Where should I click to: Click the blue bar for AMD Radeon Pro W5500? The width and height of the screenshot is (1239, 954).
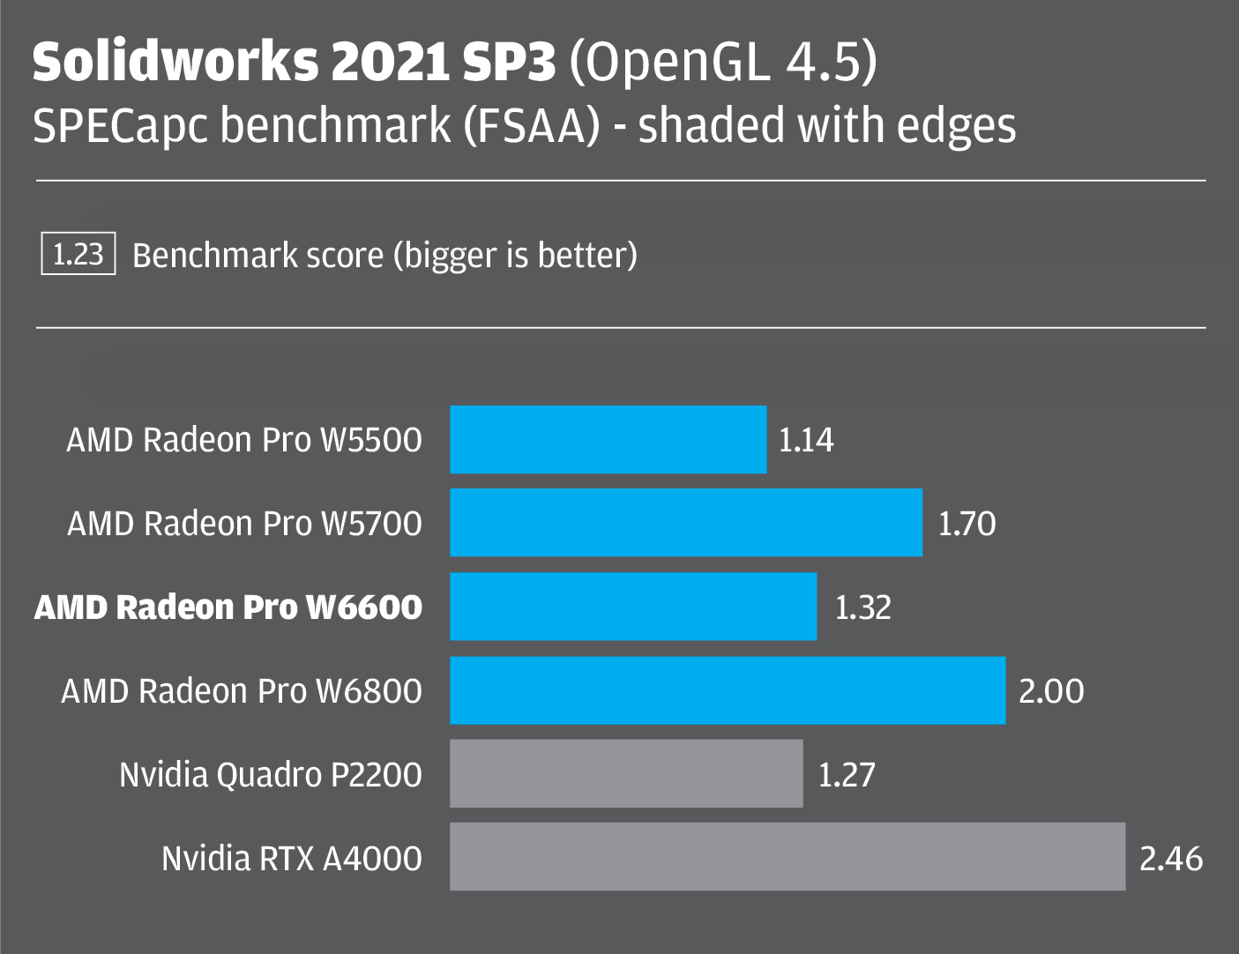pyautogui.click(x=608, y=439)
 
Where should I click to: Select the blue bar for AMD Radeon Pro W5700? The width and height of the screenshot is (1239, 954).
pyautogui.click(x=686, y=523)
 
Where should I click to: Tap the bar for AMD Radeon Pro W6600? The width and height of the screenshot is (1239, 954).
pyautogui.click(x=633, y=607)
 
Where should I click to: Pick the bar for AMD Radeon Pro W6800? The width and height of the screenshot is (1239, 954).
pyautogui.click(x=728, y=690)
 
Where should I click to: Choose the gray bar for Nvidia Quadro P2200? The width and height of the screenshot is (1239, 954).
pyautogui.click(x=626, y=773)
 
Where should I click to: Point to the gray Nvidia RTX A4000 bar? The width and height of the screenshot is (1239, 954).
pyautogui.click(x=787, y=857)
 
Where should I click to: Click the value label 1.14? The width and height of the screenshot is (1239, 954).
pyautogui.click(x=806, y=440)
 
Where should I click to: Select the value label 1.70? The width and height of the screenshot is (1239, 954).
pyautogui.click(x=967, y=524)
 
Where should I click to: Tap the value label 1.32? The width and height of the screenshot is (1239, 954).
pyautogui.click(x=862, y=607)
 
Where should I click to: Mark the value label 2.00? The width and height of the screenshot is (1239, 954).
pyautogui.click(x=1051, y=691)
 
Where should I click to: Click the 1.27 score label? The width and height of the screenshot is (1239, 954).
pyautogui.click(x=847, y=775)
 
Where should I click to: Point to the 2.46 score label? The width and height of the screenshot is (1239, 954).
pyautogui.click(x=1171, y=858)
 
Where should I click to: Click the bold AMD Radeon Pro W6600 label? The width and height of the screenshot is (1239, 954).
pyautogui.click(x=228, y=607)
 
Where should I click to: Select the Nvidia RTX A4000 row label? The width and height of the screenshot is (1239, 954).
pyautogui.click(x=292, y=858)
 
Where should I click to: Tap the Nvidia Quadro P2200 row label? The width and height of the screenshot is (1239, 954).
pyautogui.click(x=271, y=775)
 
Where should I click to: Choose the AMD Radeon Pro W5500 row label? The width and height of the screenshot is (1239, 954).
pyautogui.click(x=244, y=440)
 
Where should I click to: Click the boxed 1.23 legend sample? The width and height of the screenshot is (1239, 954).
pyautogui.click(x=78, y=255)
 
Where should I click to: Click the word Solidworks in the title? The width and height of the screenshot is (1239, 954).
pyautogui.click(x=175, y=62)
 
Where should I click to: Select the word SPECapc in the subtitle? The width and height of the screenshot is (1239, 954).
pyautogui.click(x=121, y=125)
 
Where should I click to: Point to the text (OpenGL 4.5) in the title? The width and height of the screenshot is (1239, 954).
pyautogui.click(x=723, y=62)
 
